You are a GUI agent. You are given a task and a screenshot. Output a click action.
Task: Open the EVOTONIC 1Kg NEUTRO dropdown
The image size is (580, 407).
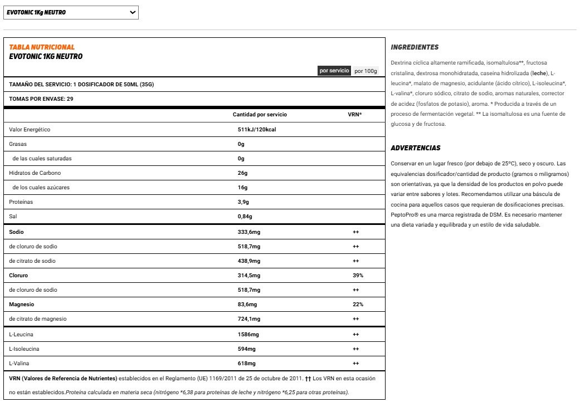[71, 12]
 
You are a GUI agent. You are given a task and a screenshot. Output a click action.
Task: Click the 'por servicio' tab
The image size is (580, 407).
[334, 71]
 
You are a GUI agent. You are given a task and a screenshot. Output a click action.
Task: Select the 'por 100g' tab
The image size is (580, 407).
[366, 71]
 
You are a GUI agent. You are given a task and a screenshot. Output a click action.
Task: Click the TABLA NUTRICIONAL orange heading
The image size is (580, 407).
[42, 47]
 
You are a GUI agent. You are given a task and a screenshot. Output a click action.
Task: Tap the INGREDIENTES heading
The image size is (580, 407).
[415, 47]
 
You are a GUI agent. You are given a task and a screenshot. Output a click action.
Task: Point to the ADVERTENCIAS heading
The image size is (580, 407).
[416, 148]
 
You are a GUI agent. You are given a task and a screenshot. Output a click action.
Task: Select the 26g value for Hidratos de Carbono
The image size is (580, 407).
[242, 173]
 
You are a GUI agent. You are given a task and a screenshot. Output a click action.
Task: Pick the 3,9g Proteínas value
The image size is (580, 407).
[243, 202]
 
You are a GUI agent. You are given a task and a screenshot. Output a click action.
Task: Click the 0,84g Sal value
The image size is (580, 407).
[245, 217]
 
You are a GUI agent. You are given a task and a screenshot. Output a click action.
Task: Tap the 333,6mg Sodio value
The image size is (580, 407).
[248, 232]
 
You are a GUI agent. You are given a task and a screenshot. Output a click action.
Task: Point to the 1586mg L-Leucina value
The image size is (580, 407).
[248, 334]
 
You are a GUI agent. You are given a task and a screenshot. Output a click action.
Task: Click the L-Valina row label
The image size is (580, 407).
[19, 363]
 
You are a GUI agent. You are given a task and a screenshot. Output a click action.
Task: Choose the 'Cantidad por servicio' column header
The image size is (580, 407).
[260, 115]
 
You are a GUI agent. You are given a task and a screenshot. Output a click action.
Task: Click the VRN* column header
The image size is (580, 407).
[354, 115]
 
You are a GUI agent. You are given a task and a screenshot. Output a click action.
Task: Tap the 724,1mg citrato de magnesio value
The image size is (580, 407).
[248, 318]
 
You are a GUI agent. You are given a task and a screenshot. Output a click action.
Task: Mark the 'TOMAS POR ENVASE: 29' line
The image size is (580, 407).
[41, 99]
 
